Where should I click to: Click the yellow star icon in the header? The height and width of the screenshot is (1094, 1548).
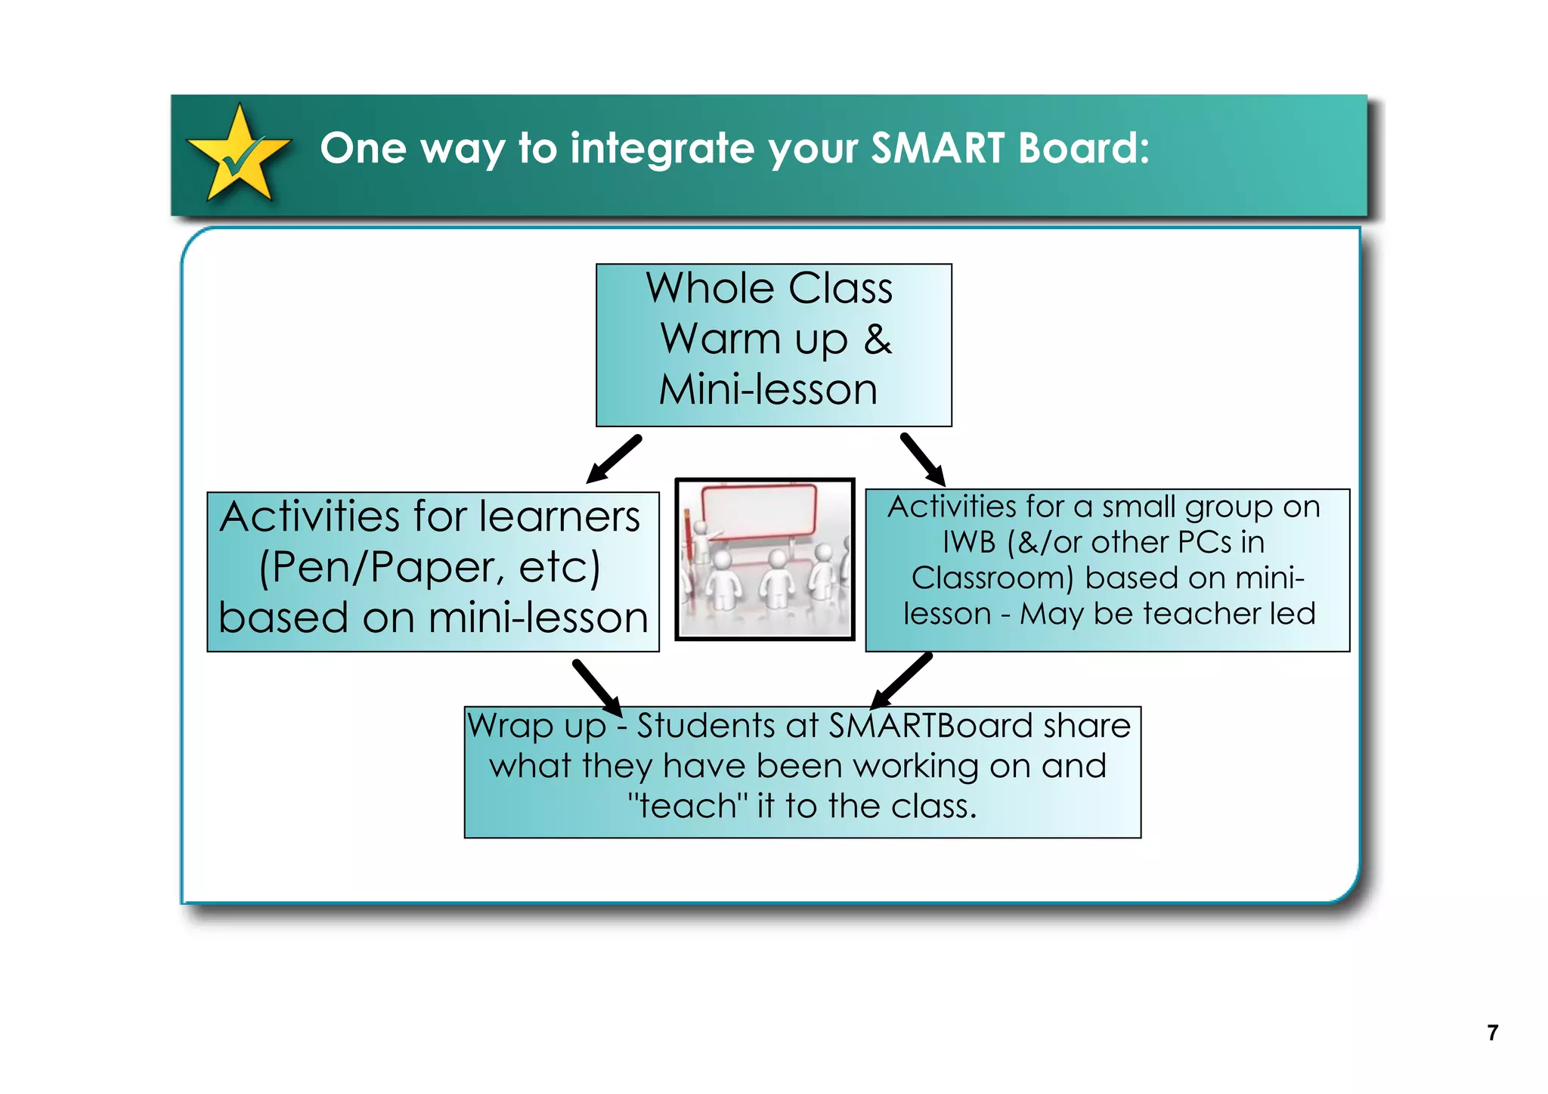click(239, 154)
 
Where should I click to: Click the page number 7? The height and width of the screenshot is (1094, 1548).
click(1492, 1033)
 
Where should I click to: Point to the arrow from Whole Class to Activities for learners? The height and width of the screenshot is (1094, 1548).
click(613, 459)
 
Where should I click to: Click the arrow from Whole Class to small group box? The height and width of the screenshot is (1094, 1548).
click(923, 460)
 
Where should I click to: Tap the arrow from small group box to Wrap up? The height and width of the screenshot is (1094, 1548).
click(901, 680)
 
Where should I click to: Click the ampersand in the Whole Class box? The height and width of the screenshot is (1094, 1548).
click(877, 339)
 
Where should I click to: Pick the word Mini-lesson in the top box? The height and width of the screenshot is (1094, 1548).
click(768, 390)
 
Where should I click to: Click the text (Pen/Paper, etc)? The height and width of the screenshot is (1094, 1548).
click(429, 567)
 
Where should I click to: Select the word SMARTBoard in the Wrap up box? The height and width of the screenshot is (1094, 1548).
click(931, 726)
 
